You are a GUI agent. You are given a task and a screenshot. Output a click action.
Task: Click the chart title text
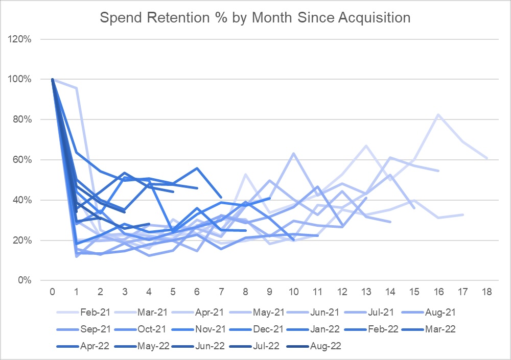[255, 17]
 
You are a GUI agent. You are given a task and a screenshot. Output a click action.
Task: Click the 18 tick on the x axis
[487, 292]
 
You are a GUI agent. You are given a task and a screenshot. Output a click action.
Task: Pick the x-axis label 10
[293, 292]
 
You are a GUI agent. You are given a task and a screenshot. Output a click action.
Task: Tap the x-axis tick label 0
[53, 292]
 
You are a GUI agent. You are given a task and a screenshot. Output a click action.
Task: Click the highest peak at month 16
[438, 115]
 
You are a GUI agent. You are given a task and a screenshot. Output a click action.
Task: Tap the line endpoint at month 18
[487, 158]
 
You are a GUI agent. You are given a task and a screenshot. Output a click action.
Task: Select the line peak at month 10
[293, 153]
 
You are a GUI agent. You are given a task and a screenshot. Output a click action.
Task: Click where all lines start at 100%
[53, 79]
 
